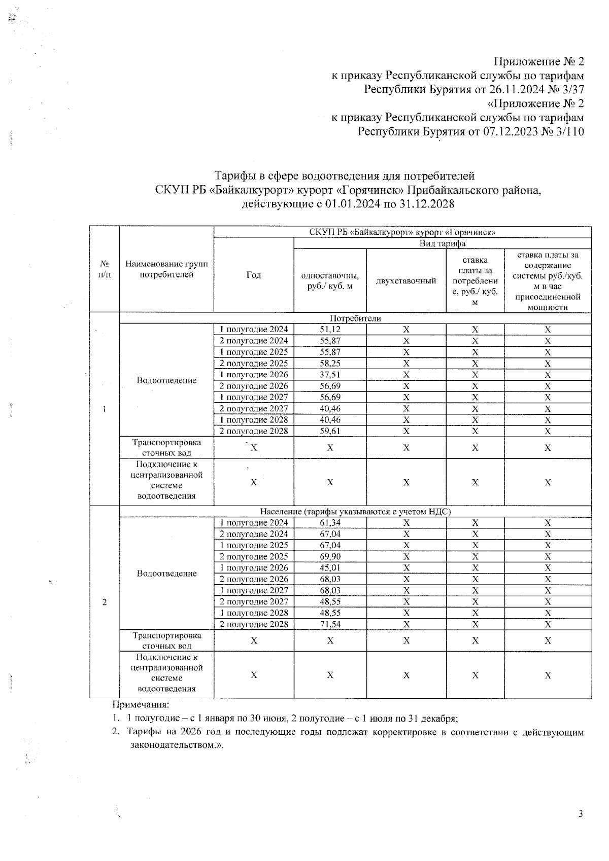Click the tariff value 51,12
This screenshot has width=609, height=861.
(330, 330)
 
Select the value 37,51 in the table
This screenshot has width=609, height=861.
(330, 375)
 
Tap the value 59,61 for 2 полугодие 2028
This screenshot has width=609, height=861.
(330, 432)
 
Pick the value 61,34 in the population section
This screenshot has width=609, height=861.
(330, 523)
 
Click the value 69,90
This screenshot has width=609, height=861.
(330, 557)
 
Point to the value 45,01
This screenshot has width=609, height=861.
(330, 568)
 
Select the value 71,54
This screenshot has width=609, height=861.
(330, 625)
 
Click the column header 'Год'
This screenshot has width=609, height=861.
(254, 275)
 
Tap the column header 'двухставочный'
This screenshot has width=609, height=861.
(406, 280)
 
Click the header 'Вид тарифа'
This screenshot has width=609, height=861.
(443, 243)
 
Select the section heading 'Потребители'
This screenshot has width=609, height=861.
(355, 318)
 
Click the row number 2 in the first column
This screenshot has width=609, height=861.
(105, 602)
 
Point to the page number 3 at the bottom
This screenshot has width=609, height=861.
(581, 814)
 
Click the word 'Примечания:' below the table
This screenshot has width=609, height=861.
(141, 705)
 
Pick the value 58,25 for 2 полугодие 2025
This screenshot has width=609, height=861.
(330, 364)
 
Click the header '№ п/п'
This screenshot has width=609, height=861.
(105, 269)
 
